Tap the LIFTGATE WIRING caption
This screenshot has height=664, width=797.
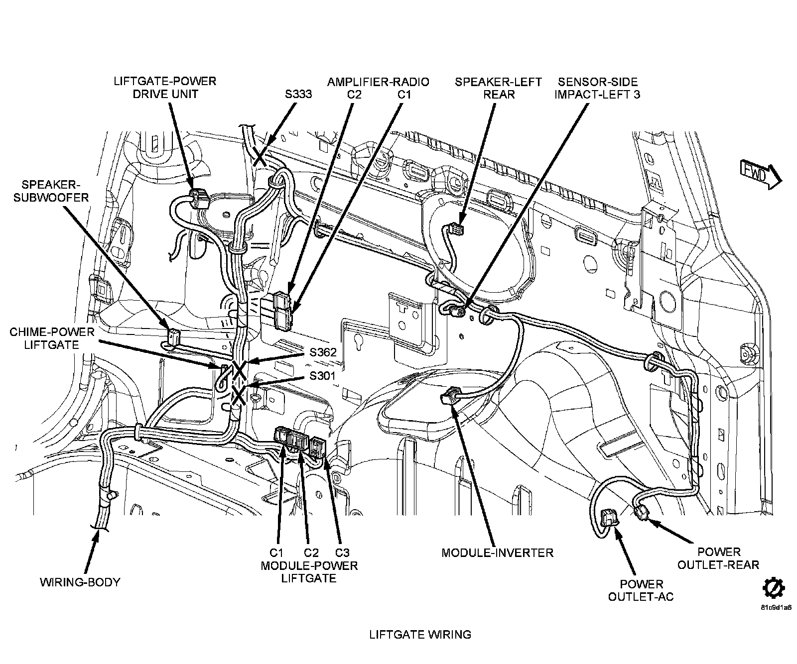click(x=420, y=634)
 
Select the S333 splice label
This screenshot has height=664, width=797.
click(x=298, y=94)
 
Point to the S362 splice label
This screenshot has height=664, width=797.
click(x=323, y=352)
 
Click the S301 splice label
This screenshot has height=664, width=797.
click(x=322, y=376)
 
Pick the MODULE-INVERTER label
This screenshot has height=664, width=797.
click(x=497, y=553)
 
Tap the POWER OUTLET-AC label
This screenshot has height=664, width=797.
click(x=642, y=590)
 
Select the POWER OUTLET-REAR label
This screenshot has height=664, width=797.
click(x=718, y=558)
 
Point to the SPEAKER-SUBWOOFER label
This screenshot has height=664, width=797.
click(x=51, y=190)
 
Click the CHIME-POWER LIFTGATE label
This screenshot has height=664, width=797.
click(x=52, y=337)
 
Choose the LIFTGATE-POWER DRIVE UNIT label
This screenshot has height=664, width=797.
click(x=165, y=87)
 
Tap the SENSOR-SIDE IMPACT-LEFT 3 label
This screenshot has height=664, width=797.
click(x=597, y=88)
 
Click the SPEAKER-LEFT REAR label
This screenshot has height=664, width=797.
click(x=498, y=88)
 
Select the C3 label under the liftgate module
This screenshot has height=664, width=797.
click(x=342, y=553)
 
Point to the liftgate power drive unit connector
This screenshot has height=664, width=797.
click(x=200, y=198)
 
